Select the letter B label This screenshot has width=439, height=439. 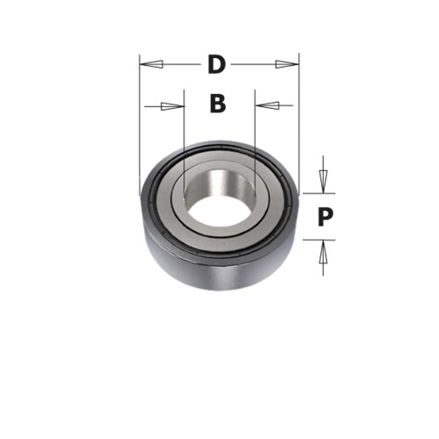[x=218, y=104]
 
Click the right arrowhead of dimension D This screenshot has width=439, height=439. [x=287, y=64]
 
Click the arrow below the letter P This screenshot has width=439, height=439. [x=323, y=256]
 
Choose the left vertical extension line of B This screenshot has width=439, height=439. [x=184, y=132]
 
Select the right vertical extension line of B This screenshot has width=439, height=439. [x=255, y=132]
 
